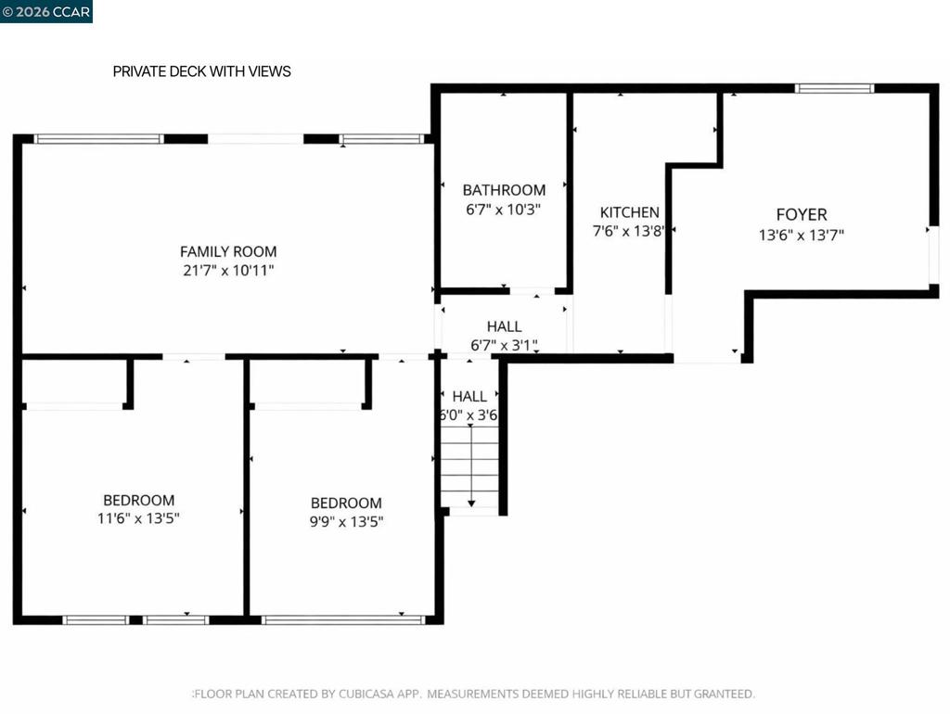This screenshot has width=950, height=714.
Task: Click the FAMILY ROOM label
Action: [228, 251]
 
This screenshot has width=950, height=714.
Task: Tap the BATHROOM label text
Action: [504, 190]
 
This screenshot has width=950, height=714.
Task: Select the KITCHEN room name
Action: [630, 212]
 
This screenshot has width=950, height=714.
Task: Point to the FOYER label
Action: [802, 214]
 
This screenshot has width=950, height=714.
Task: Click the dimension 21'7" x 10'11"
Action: [228, 270]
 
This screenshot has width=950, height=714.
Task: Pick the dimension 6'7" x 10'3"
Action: [503, 210]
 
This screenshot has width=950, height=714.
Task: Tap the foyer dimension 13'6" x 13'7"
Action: [801, 235]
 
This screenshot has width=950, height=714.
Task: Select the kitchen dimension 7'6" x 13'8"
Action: [628, 231]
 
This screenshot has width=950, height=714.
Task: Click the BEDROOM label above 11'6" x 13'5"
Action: [139, 500]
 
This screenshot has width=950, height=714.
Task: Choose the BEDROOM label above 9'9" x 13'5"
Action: [346, 503]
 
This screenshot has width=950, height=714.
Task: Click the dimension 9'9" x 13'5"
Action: [346, 521]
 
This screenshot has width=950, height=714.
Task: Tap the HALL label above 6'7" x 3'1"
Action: [504, 326]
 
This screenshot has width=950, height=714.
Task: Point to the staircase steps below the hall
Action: [469, 466]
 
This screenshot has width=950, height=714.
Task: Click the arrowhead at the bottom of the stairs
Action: [471, 504]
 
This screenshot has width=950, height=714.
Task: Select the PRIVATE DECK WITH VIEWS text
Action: [201, 71]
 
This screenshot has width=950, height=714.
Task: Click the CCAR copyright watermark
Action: [46, 11]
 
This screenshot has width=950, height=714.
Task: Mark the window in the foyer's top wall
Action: [834, 88]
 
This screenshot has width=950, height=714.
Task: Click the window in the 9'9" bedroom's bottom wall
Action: [343, 619]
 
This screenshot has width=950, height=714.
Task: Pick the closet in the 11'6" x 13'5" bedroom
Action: [74, 383]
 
